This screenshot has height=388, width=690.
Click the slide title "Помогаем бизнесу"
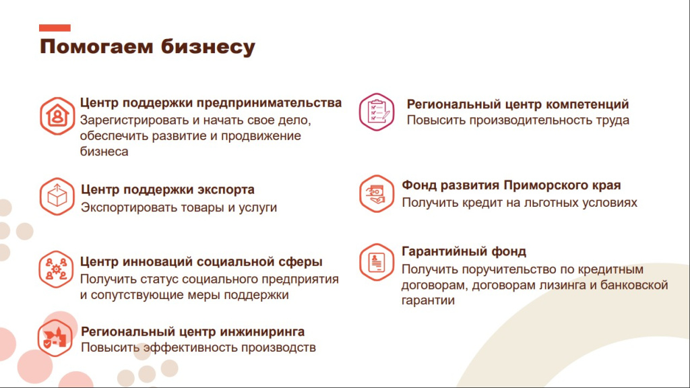147,46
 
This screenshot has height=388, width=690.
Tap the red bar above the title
55,28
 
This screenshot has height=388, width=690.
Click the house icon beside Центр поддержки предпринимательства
57,116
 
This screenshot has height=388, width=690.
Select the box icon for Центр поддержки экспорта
57,197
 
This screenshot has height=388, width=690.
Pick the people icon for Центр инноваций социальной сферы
56,269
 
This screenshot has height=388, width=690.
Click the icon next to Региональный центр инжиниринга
55,338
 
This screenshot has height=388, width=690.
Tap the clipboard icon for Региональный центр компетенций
376,111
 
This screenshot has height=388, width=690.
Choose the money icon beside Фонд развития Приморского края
376,193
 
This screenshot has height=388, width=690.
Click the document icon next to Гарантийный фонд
376,261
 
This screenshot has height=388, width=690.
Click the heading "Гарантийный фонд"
464,252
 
